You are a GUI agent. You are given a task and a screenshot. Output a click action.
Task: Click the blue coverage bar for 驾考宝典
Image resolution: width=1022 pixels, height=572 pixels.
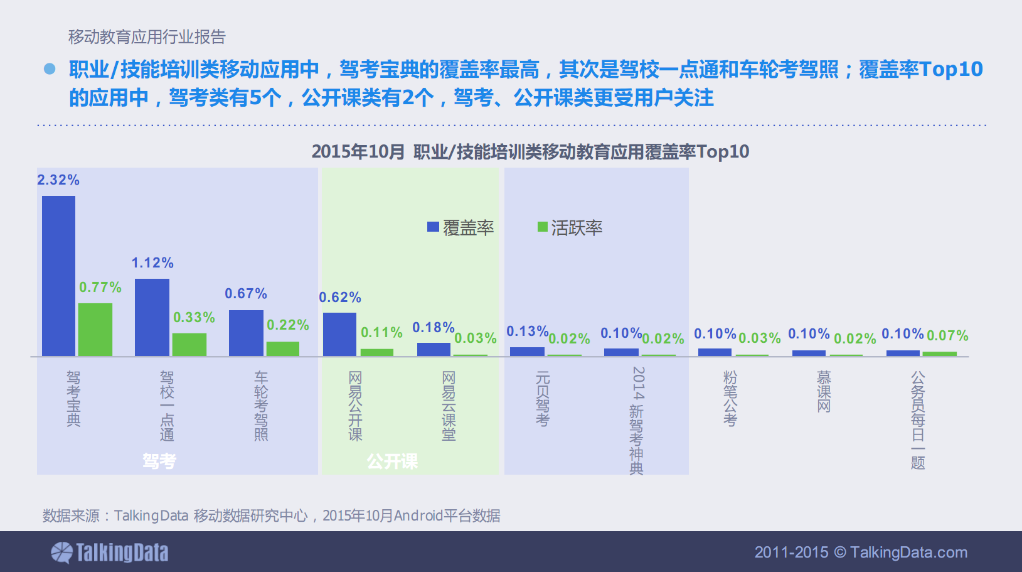[x=58, y=276]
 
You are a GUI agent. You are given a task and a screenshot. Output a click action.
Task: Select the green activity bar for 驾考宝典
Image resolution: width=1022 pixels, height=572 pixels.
[x=95, y=329]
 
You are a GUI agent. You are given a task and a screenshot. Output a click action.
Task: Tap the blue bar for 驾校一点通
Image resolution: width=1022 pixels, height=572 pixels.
[x=152, y=317]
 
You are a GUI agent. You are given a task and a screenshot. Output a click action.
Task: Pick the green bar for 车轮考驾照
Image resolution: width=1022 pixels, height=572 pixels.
[x=282, y=348]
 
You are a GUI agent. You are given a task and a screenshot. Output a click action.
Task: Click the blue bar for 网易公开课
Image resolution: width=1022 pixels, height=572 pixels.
[x=339, y=334]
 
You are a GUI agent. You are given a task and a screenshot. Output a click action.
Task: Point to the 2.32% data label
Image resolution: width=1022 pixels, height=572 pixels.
[x=58, y=180]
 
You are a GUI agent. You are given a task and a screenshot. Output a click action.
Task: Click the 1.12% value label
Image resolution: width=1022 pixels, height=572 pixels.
[x=152, y=263]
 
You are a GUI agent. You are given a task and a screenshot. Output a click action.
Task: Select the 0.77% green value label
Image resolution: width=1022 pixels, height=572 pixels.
[x=100, y=288]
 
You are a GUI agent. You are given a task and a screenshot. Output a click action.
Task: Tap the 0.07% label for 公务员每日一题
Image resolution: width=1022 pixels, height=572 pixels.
[x=947, y=336]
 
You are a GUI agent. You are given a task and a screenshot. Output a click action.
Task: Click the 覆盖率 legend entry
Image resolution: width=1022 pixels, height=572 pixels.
[x=461, y=228]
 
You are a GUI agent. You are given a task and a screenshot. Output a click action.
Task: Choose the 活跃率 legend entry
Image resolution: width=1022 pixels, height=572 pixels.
[x=570, y=228]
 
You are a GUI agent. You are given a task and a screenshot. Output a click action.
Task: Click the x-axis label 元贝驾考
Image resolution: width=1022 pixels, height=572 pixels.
[x=543, y=399]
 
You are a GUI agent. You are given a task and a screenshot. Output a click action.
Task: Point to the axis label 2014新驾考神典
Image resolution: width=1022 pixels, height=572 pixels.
[x=637, y=421]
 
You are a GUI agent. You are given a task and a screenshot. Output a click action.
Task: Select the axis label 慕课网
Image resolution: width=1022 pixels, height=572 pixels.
[x=824, y=391]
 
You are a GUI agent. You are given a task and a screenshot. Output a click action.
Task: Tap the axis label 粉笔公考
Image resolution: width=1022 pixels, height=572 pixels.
[x=730, y=399]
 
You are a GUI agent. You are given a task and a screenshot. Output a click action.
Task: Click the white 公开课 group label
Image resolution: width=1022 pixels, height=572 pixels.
[x=392, y=461]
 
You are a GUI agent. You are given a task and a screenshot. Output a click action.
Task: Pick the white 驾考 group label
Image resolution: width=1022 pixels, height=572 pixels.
[x=159, y=461]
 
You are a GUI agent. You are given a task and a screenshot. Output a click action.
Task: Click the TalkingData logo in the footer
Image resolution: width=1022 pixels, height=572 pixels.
[x=110, y=553]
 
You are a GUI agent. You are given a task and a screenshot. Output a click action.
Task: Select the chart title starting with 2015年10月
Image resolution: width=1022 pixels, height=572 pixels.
[x=530, y=152]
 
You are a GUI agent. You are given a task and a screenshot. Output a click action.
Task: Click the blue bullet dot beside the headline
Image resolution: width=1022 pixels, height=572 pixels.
[x=50, y=69]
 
